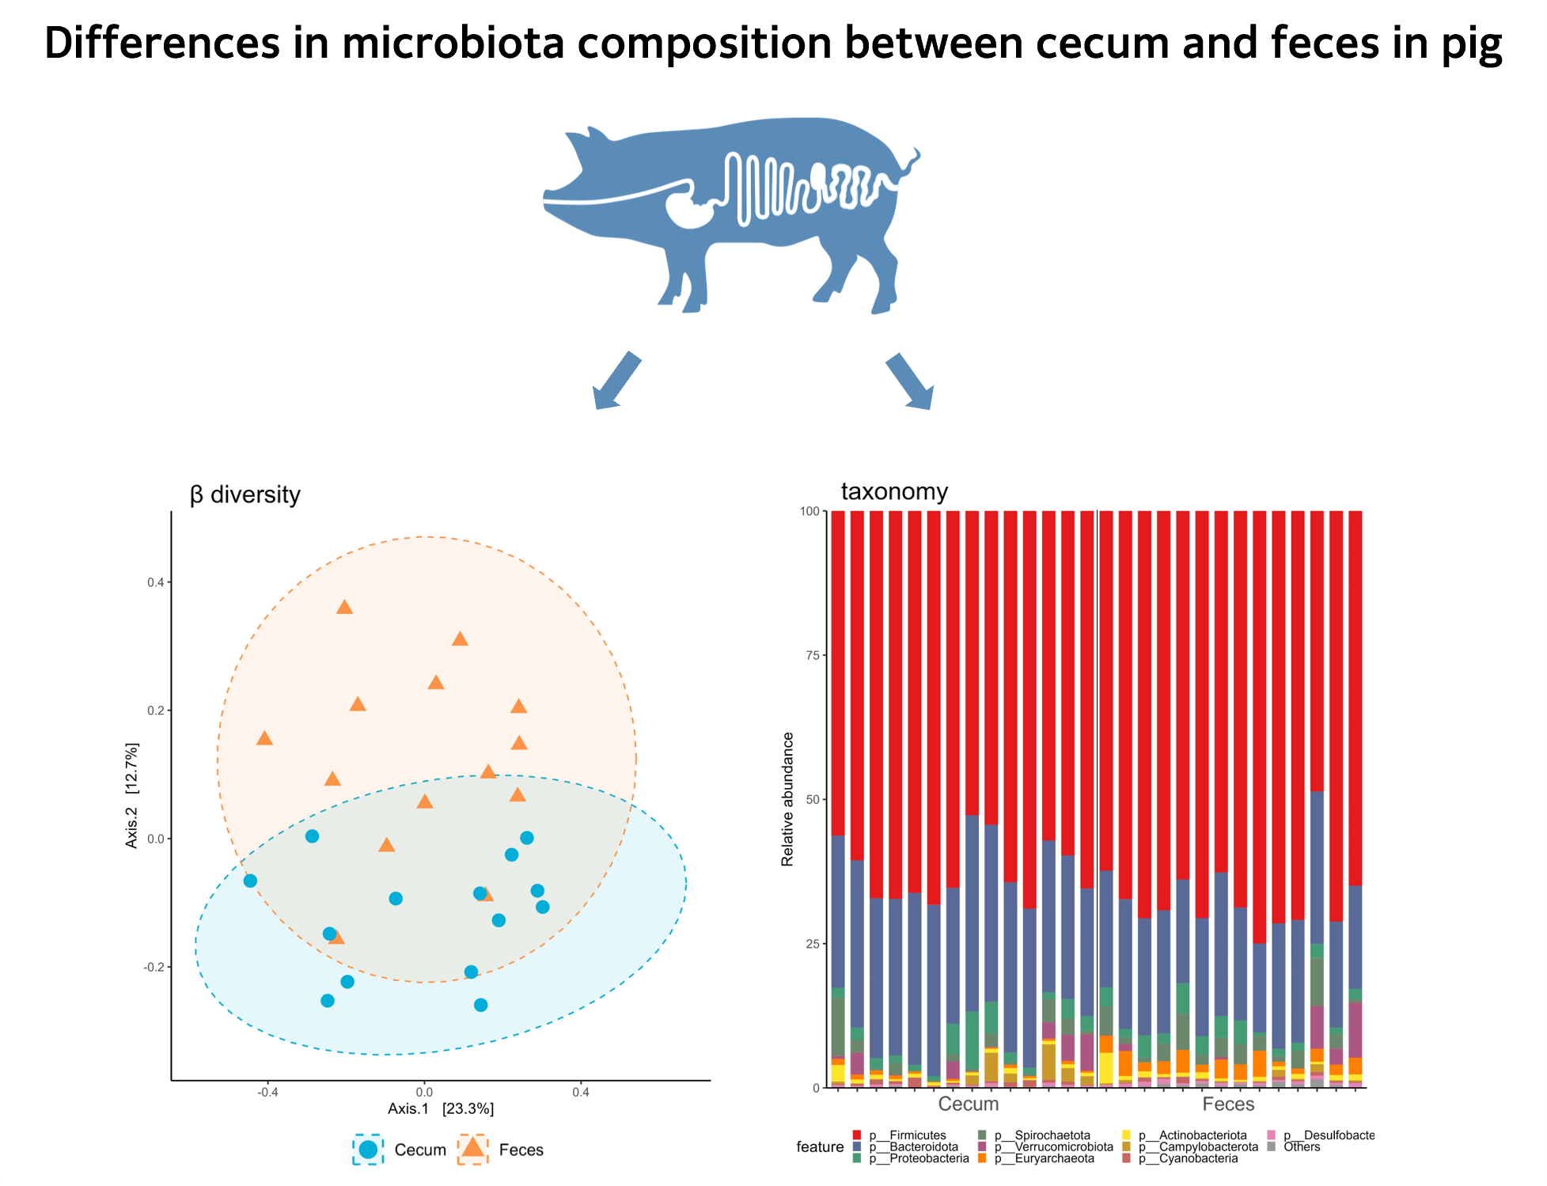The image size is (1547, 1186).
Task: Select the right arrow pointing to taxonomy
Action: [910, 381]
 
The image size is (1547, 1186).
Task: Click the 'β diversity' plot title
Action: [245, 494]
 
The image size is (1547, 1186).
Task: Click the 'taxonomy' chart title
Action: [893, 491]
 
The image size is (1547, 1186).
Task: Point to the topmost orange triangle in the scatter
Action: [344, 608]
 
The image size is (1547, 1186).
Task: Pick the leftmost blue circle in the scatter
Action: [250, 881]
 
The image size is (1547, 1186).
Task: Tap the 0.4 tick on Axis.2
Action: [156, 582]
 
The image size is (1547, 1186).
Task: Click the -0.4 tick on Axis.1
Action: [267, 1093]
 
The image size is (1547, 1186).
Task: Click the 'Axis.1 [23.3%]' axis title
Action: [441, 1108]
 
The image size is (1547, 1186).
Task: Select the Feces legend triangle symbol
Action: [473, 1149]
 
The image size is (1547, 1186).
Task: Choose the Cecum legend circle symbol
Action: [368, 1150]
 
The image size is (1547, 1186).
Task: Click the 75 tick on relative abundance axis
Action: [810, 655]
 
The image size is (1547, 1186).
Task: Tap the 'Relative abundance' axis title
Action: [787, 799]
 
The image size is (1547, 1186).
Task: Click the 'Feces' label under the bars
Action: [1228, 1104]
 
